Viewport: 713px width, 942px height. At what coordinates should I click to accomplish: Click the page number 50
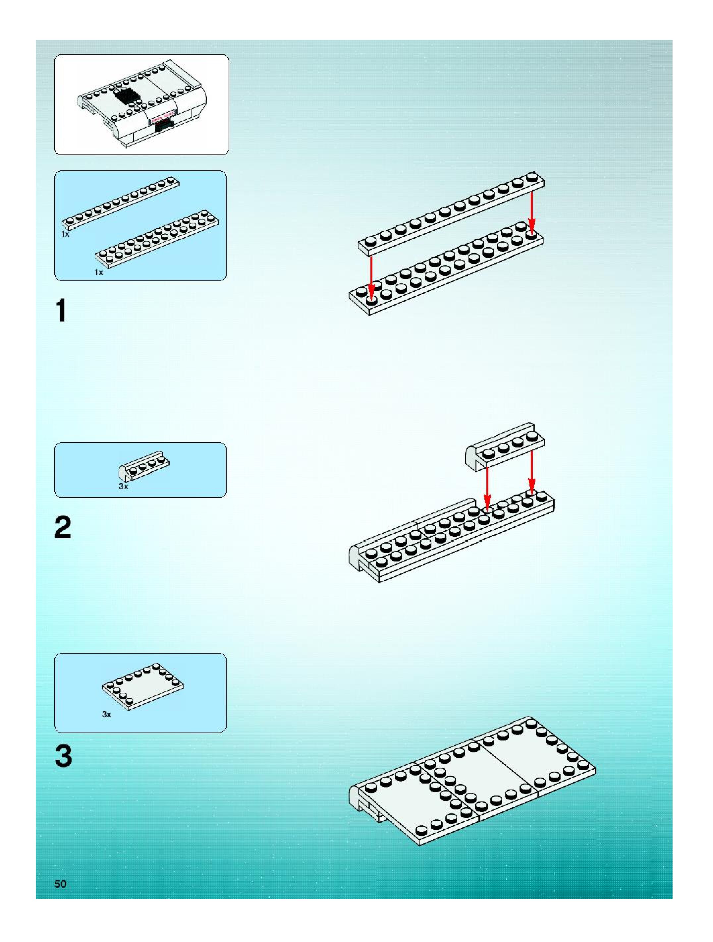pyautogui.click(x=60, y=884)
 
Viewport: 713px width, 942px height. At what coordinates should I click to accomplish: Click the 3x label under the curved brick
pyautogui.click(x=124, y=486)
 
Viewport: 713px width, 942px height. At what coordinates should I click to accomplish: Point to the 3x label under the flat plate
pyautogui.click(x=106, y=714)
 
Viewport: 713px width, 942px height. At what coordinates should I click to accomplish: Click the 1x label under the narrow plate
pyautogui.click(x=65, y=234)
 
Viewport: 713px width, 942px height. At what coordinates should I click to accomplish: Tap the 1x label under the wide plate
pyautogui.click(x=99, y=272)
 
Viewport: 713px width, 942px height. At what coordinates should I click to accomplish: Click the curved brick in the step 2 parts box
pyautogui.click(x=144, y=465)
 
